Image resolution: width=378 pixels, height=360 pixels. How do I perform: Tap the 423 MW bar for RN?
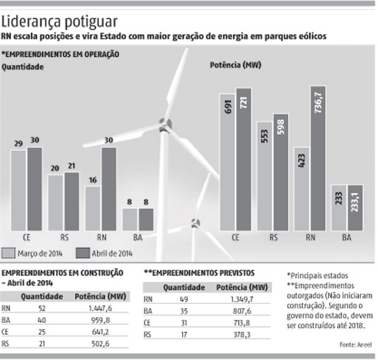pos(301,189)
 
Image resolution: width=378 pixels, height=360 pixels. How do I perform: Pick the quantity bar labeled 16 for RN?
pos(93,208)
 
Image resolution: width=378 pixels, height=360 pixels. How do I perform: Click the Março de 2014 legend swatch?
pos(9,253)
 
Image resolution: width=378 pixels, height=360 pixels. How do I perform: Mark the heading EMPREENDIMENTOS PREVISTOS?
pos(199,273)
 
